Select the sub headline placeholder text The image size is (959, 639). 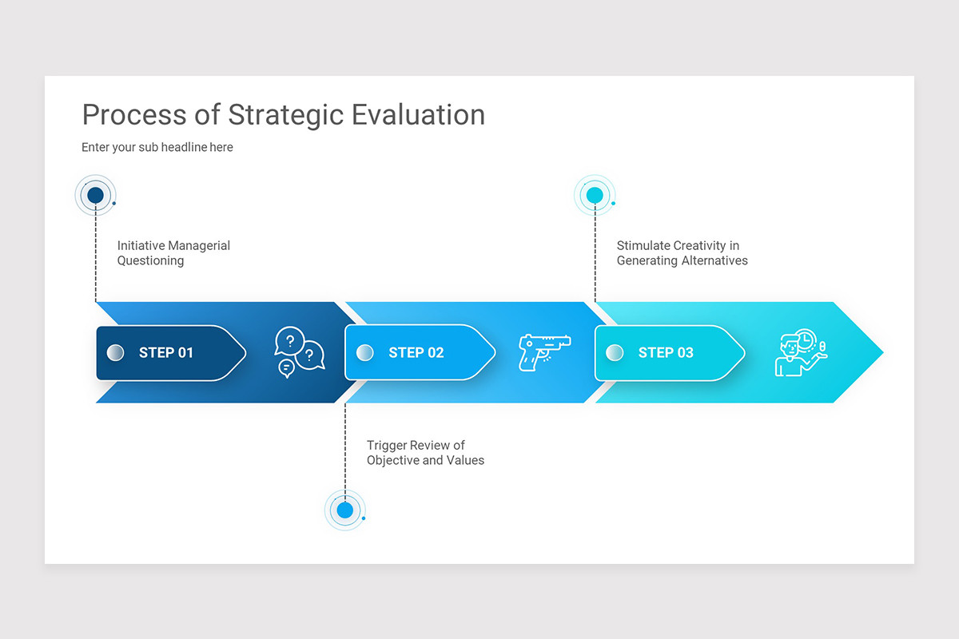click(157, 147)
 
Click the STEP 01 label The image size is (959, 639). click(166, 352)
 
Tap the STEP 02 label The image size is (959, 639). click(416, 352)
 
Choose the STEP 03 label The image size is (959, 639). click(666, 352)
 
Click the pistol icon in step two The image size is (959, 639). click(544, 351)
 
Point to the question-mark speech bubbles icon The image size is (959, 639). click(299, 352)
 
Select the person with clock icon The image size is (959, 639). click(800, 352)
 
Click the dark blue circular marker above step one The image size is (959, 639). click(96, 195)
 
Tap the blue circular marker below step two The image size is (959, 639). click(345, 510)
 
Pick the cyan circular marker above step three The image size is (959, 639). click(595, 195)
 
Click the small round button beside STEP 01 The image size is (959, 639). click(116, 352)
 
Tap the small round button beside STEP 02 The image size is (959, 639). click(365, 352)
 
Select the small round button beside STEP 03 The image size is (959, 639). click(615, 352)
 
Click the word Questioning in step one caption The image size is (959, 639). click(150, 261)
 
